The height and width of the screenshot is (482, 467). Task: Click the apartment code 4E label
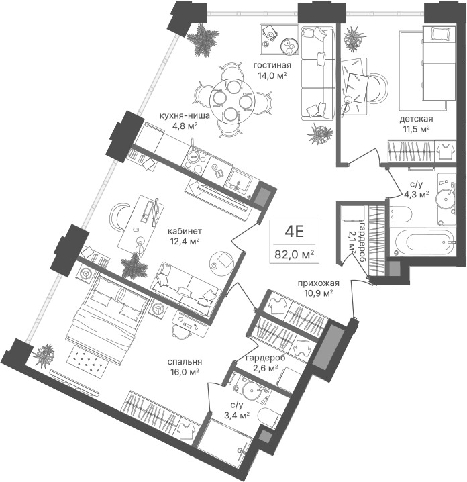point(295,232)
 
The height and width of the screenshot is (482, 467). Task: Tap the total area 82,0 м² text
point(295,254)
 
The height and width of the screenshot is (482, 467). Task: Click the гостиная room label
point(272,66)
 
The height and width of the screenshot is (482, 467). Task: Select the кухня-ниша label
point(185,116)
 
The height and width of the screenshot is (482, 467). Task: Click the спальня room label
point(185,362)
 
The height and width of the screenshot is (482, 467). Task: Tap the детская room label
point(416,119)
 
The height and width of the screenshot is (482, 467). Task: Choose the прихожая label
point(319,283)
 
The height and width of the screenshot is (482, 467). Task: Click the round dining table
point(232,101)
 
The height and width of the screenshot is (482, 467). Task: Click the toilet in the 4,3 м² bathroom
point(401,214)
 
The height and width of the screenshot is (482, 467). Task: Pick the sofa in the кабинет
point(187,289)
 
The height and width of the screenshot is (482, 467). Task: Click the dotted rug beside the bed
point(89,360)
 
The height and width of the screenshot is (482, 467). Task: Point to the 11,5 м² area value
point(416,129)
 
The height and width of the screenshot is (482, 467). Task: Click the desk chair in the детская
point(378,88)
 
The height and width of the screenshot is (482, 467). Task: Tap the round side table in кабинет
point(221,263)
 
